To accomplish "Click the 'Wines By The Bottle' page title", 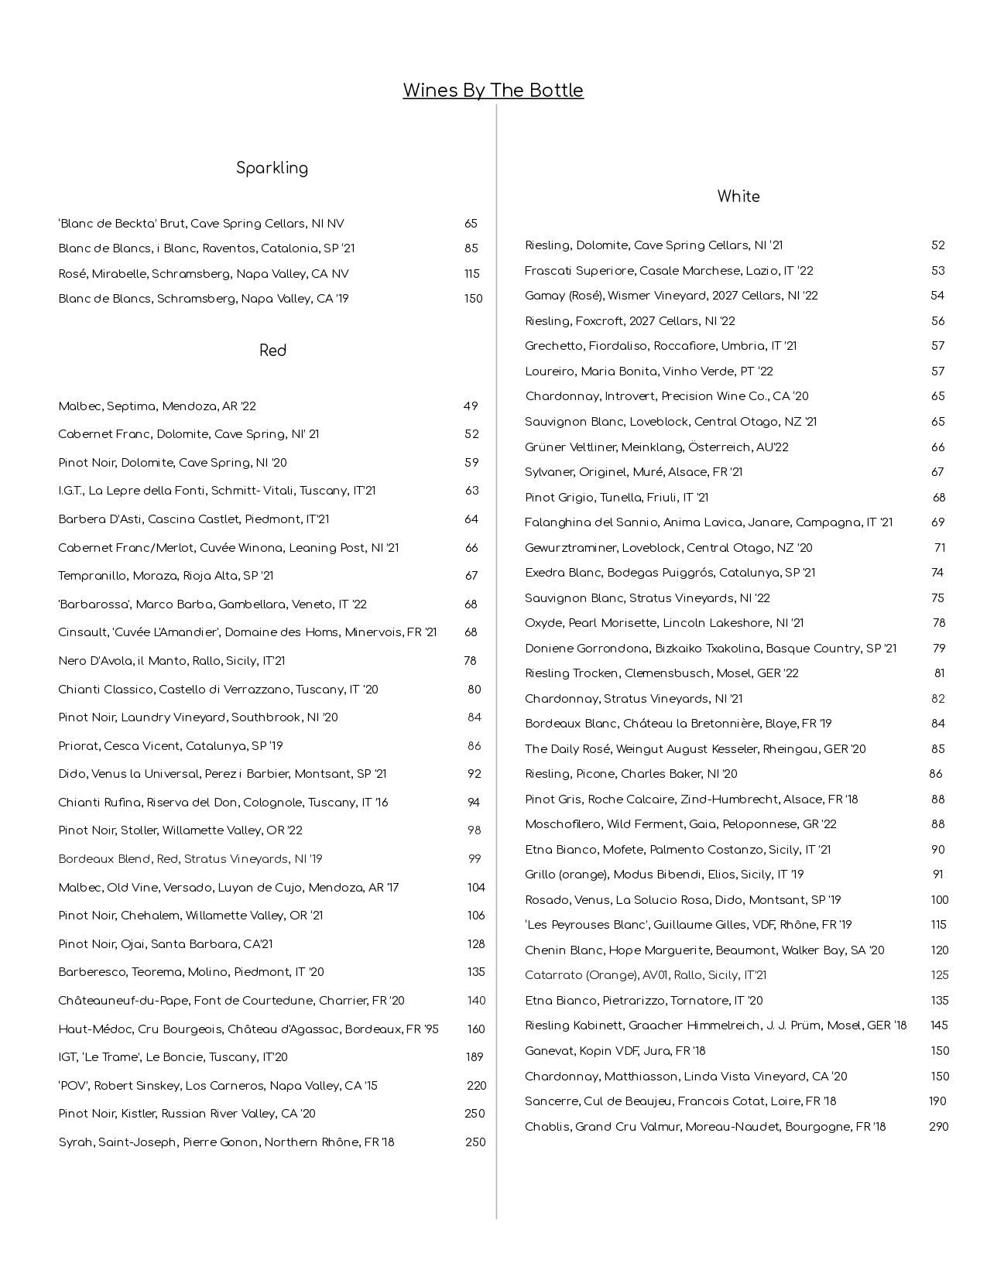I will click(492, 91).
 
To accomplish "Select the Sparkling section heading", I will click(272, 168).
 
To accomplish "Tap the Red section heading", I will click(272, 351).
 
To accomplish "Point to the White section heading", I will click(738, 197).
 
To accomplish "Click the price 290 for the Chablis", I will click(938, 1127).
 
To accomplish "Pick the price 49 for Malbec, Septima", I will click(471, 406).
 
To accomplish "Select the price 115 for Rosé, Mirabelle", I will click(472, 274).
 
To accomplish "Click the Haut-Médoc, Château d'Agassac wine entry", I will click(248, 1029).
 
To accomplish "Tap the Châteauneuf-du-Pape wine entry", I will click(231, 1001).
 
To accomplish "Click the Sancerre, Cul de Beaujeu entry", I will click(680, 1101).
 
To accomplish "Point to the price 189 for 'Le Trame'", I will click(474, 1057).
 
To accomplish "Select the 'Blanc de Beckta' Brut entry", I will click(200, 224).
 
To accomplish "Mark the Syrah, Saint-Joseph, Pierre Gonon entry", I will click(226, 1142).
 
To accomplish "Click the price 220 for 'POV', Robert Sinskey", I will click(476, 1086).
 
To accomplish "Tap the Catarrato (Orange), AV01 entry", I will click(645, 975).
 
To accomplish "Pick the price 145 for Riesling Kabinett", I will click(939, 1025).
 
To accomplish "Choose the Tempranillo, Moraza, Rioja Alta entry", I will click(166, 576).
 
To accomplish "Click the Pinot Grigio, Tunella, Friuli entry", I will click(616, 498).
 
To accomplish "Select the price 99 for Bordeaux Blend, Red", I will click(475, 859).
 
